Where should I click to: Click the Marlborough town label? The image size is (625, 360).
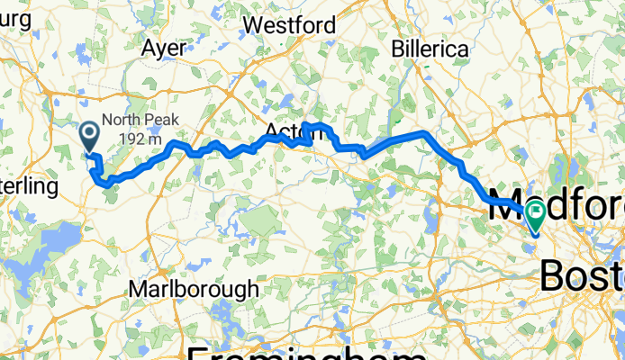tap(194, 290)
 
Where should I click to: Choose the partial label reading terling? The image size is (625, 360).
tap(29, 187)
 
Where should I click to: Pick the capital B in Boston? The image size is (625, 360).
tap(556, 274)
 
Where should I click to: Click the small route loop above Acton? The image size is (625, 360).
tap(311, 132)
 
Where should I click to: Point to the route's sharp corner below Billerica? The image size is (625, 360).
tap(424, 133)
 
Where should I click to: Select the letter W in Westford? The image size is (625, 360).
tap(255, 24)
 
